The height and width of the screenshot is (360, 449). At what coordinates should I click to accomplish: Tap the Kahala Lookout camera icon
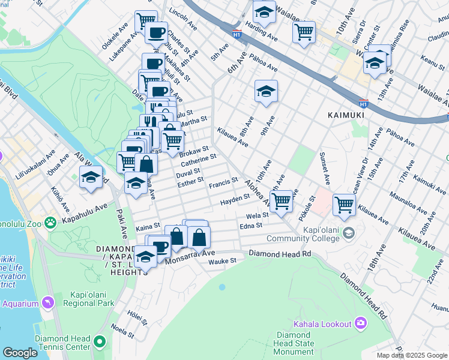(x=361, y=323)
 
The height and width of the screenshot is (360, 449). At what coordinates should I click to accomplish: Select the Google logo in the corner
(x=20, y=352)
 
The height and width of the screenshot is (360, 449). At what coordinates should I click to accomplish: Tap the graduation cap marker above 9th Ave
(x=266, y=91)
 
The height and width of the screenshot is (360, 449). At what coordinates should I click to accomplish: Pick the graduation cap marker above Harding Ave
(x=264, y=11)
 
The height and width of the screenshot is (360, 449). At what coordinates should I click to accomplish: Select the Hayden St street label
(x=234, y=198)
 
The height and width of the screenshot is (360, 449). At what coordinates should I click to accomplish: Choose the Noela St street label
(x=122, y=331)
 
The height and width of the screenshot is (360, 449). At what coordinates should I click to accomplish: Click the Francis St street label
(x=223, y=181)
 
